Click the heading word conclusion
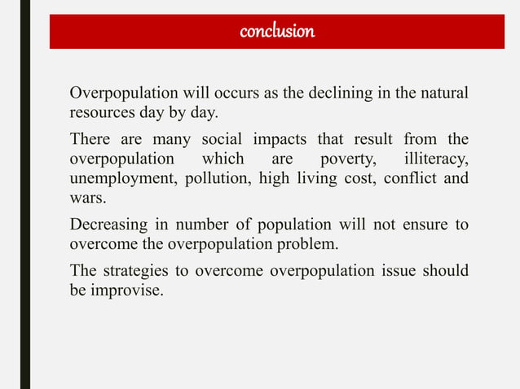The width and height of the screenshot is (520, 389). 277,32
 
